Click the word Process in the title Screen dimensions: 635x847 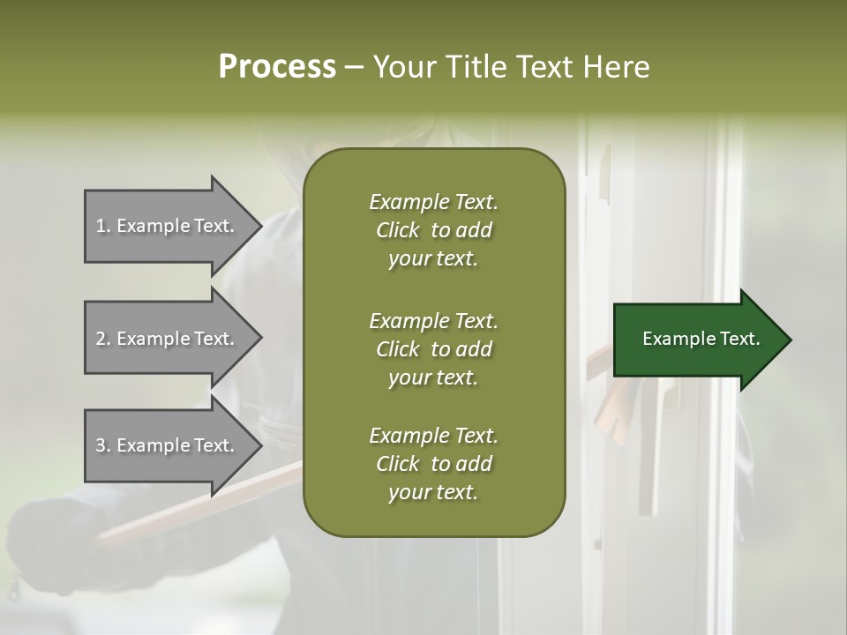(x=277, y=67)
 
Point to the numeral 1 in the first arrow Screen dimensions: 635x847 (x=101, y=227)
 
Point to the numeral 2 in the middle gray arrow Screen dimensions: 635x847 (x=101, y=340)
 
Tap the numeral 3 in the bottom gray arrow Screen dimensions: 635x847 (x=101, y=446)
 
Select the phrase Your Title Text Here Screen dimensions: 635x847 (x=512, y=67)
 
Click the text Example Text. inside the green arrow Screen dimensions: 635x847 (x=701, y=340)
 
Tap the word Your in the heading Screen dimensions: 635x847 (x=401, y=67)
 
